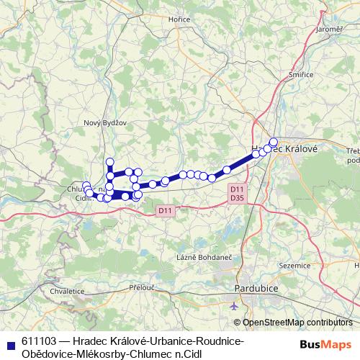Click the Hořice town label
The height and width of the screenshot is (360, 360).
tap(178, 40)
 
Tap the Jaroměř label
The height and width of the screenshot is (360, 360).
tap(328, 29)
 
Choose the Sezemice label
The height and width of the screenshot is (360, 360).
tap(293, 265)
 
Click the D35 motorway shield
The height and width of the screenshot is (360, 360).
tap(236, 196)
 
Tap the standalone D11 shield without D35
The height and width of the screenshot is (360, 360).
tap(165, 210)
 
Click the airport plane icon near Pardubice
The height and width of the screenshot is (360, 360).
tap(235, 305)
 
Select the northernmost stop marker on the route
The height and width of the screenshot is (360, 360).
tap(110, 161)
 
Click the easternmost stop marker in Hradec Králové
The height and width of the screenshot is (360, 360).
tap(274, 142)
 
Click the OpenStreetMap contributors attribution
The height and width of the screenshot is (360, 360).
tap(297, 323)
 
